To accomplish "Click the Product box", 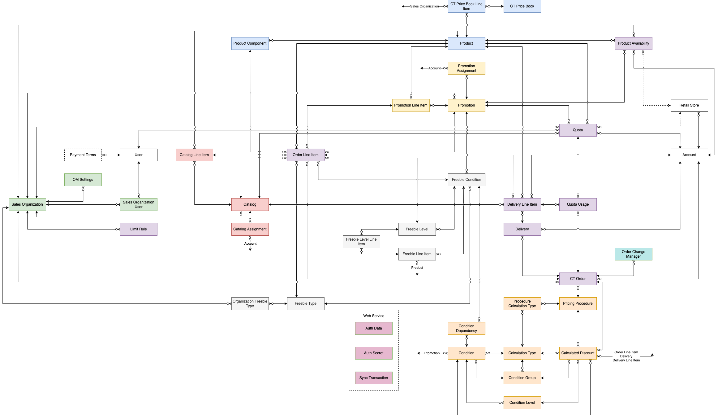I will click(466, 43).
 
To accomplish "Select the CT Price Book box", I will click(522, 6).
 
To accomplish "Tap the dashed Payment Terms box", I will click(83, 155).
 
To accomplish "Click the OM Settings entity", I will click(83, 180).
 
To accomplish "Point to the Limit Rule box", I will click(138, 229).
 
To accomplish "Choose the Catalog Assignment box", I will click(250, 229).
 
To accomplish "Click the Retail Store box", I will click(689, 105).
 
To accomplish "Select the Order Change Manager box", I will click(633, 254).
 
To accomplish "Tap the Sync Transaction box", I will click(373, 378).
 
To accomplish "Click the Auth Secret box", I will click(373, 353).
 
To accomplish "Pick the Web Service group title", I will click(373, 316).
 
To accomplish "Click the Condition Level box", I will click(522, 403).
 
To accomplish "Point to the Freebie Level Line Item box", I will click(361, 242).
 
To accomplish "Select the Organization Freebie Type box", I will click(250, 303).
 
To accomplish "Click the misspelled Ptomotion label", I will click(432, 353).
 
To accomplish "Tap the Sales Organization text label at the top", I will click(424, 6).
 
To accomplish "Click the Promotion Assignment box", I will click(466, 68).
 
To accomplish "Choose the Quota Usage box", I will click(578, 204).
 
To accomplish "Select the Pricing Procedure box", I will click(578, 303).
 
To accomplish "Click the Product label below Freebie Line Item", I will click(417, 268).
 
